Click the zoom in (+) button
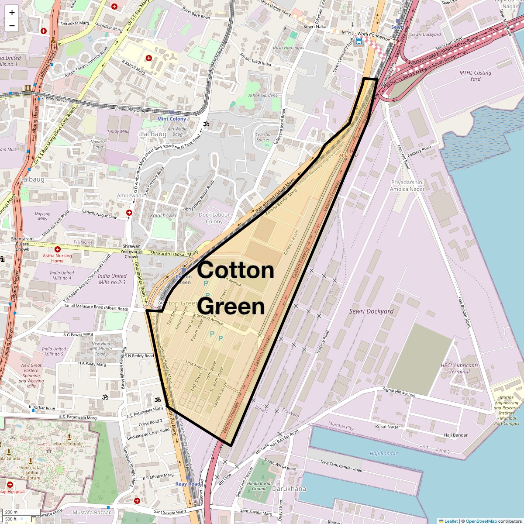pyautogui.click(x=12, y=13)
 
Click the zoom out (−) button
pyautogui.click(x=12, y=26)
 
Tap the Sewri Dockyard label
pyautogui.click(x=371, y=311)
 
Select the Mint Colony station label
pyautogui.click(x=172, y=119)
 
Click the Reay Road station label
pyautogui.click(x=187, y=484)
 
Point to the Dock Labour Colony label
pyautogui.click(x=214, y=218)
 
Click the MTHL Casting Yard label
pyautogui.click(x=475, y=76)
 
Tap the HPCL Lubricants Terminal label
pyautogui.click(x=459, y=369)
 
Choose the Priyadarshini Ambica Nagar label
pyautogui.click(x=407, y=186)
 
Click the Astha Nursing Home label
pyautogui.click(x=57, y=258)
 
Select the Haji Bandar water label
pyautogui.click(x=383, y=453)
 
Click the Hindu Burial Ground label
pyautogui.click(x=259, y=486)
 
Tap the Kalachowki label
pyautogui.click(x=163, y=216)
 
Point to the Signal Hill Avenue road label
pyautogui.click(x=399, y=392)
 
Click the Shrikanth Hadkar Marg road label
pyautogui.click(x=174, y=254)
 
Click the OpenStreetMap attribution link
pyautogui.click(x=482, y=521)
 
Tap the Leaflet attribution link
pyautogui.click(x=451, y=521)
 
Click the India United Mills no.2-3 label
pyautogui.click(x=112, y=279)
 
